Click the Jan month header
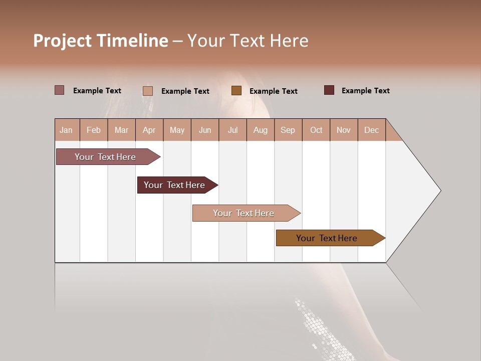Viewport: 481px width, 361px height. pyautogui.click(x=67, y=130)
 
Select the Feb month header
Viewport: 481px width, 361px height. pyautogui.click(x=94, y=130)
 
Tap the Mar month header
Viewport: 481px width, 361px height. pyautogui.click(x=121, y=130)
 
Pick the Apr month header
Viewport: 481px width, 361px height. pyautogui.click(x=149, y=130)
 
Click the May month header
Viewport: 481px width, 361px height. pyautogui.click(x=177, y=130)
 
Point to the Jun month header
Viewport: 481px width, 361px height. pyautogui.click(x=205, y=130)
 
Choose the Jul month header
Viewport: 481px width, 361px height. pyautogui.click(x=232, y=130)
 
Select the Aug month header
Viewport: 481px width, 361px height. pyautogui.click(x=261, y=130)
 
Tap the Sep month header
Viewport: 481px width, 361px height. pyautogui.click(x=288, y=130)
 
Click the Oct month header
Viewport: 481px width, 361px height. pyautogui.click(x=316, y=130)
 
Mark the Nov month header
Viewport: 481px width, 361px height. pyautogui.click(x=344, y=130)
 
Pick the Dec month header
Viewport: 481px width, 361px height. pyautogui.click(x=371, y=130)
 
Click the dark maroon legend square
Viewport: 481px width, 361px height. pyautogui.click(x=329, y=90)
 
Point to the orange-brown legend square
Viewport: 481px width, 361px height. pyautogui.click(x=236, y=91)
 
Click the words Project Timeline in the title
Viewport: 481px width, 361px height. pyautogui.click(x=101, y=41)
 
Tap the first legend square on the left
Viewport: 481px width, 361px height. pyautogui.click(x=60, y=90)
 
